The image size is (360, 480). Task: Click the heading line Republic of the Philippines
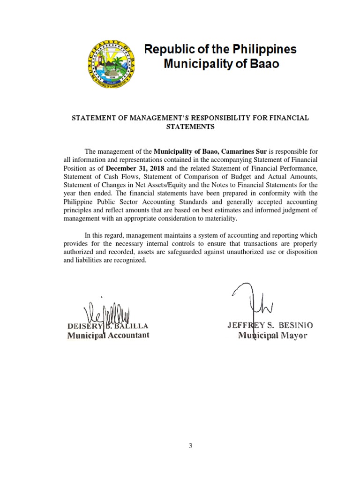point(220,49)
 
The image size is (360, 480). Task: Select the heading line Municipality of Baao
point(221,64)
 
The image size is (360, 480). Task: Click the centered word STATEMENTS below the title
point(190,127)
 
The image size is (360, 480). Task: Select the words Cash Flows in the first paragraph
point(111,176)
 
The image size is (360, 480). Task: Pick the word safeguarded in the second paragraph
point(172,252)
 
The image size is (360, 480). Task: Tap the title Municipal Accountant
point(108,335)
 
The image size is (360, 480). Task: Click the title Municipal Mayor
point(273,335)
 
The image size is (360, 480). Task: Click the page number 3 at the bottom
point(190,446)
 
